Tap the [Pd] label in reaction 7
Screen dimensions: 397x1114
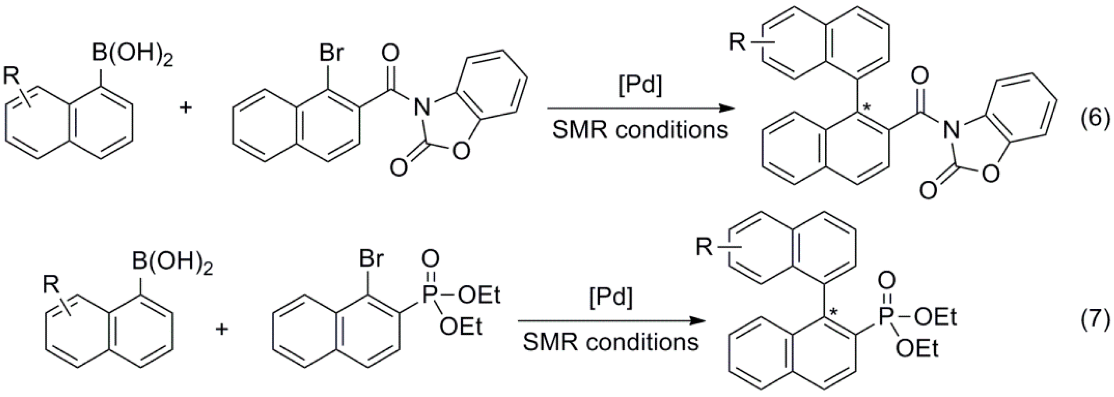[x=610, y=298]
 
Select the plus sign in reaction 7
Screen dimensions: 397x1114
[x=222, y=329]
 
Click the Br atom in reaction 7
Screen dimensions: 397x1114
[x=371, y=259]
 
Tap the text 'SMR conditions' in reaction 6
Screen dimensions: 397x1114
[x=640, y=130]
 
